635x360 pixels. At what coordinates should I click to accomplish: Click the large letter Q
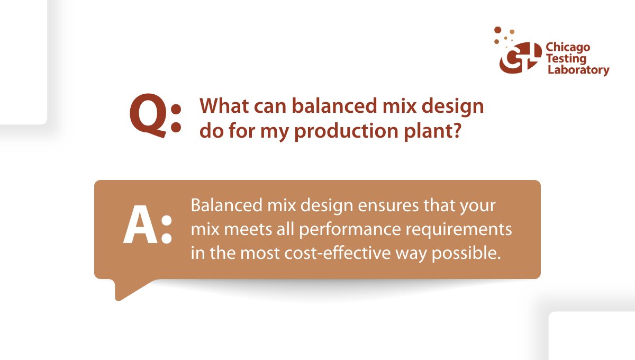click(x=149, y=115)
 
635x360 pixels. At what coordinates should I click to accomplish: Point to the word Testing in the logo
click(x=566, y=59)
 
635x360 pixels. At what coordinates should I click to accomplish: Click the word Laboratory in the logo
click(x=577, y=70)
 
